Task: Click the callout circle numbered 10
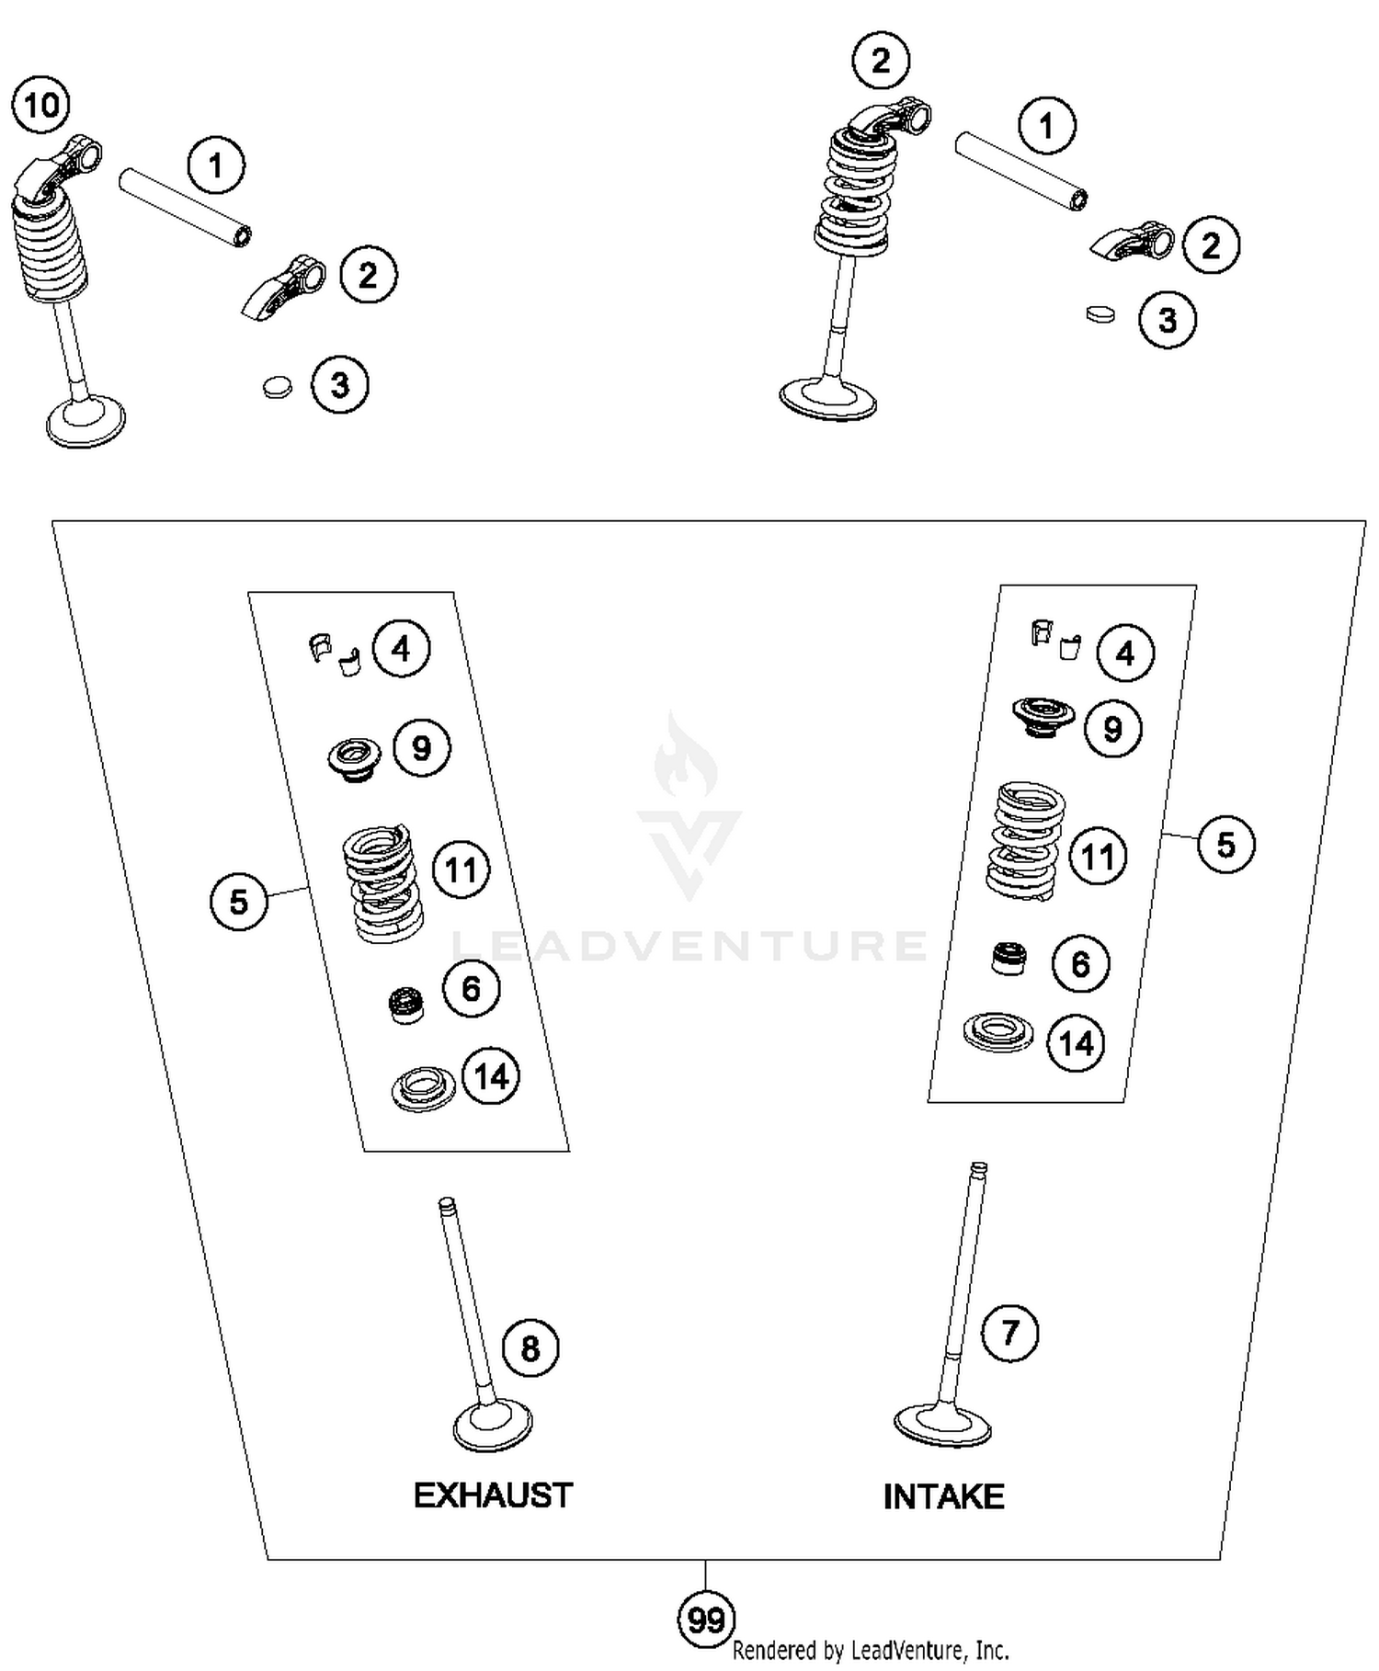[x=41, y=106]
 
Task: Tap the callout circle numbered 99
[x=706, y=1620]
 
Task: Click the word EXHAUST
[x=493, y=1495]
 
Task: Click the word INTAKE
[x=943, y=1496]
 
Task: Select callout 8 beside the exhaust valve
[x=530, y=1348]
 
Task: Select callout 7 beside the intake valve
[x=1009, y=1332]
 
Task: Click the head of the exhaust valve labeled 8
[x=493, y=1427]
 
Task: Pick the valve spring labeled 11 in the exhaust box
[x=382, y=883]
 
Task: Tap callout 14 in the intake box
[x=1076, y=1043]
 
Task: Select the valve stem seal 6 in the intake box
[x=1009, y=959]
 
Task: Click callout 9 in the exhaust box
[x=422, y=748]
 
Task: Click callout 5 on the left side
[x=238, y=901]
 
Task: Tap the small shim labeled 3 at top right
[x=1100, y=314]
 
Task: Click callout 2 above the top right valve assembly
[x=881, y=61]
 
